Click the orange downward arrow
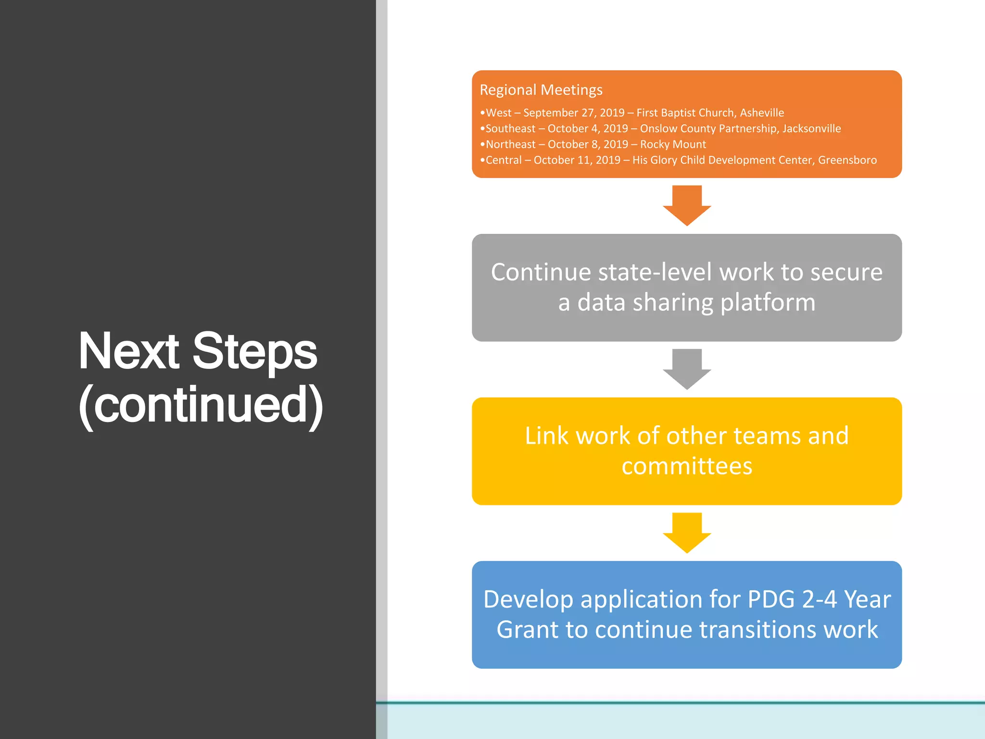(687, 205)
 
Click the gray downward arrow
(687, 369)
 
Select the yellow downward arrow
(687, 532)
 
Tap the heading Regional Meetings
(541, 90)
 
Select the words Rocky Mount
(673, 144)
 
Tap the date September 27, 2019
(573, 113)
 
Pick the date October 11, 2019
(577, 160)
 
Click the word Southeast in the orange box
(510, 128)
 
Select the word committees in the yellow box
(687, 466)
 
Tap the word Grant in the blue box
(527, 630)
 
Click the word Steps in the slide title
(254, 352)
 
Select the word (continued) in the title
(201, 405)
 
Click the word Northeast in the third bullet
(510, 144)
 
